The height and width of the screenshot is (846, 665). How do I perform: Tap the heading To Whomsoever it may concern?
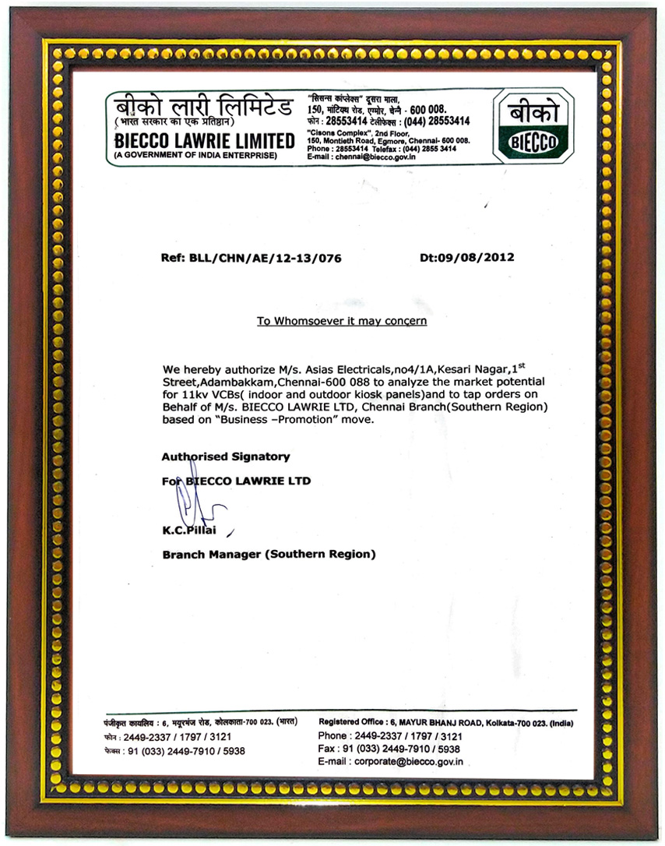pos(342,320)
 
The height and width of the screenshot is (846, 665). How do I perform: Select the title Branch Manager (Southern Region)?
pos(269,554)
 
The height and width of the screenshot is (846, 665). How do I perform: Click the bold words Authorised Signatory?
pos(225,456)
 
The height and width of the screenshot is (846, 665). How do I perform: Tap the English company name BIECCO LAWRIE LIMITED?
pos(205,141)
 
